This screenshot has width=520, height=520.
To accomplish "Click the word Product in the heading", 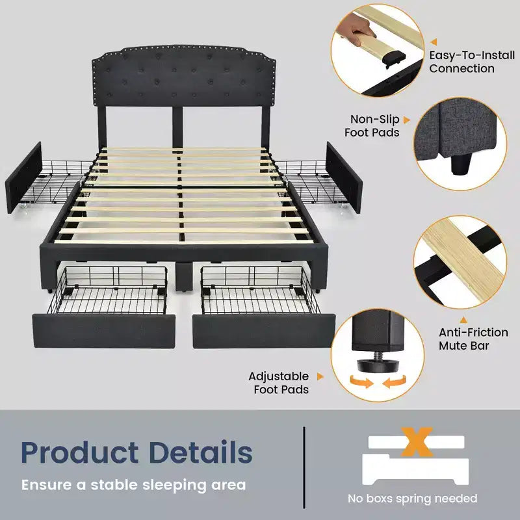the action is pyautogui.click(x=79, y=452).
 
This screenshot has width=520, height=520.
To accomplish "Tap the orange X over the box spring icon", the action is pyautogui.click(x=417, y=442).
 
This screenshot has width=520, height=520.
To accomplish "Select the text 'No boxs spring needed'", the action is pyautogui.click(x=412, y=498).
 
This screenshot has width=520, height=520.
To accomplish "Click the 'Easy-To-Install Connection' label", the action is pyautogui.click(x=472, y=62).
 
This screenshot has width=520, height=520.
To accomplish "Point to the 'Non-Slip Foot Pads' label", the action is pyautogui.click(x=372, y=125).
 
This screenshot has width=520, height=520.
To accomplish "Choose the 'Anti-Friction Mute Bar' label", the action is pyautogui.click(x=473, y=339).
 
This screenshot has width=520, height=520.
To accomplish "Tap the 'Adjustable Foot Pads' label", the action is pyautogui.click(x=279, y=383).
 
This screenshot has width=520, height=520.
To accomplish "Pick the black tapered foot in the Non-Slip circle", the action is pyautogui.click(x=460, y=164).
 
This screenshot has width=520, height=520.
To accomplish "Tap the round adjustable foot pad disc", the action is pyautogui.click(x=379, y=365).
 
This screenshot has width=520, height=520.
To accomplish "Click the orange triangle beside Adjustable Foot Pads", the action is pyautogui.click(x=320, y=376).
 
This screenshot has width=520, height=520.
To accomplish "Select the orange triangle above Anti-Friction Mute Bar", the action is pyautogui.click(x=463, y=320).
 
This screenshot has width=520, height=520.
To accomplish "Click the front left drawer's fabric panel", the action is pyautogui.click(x=104, y=331).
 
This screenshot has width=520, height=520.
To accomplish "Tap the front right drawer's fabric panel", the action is pyautogui.click(x=264, y=331).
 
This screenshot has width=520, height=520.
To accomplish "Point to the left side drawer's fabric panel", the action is pyautogui.click(x=23, y=177).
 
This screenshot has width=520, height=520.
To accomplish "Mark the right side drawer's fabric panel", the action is pyautogui.click(x=344, y=177).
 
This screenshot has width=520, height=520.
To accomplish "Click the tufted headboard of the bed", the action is pyautogui.click(x=184, y=76).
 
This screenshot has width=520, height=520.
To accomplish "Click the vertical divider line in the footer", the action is pyautogui.click(x=304, y=467).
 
